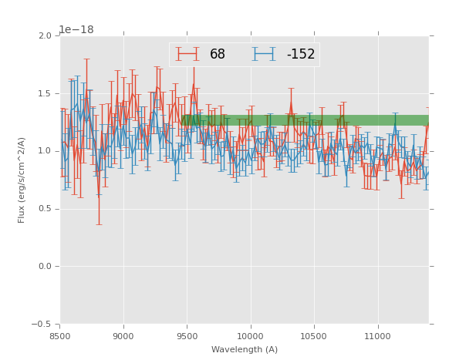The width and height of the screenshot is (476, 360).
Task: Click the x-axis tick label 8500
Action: coord(59,336)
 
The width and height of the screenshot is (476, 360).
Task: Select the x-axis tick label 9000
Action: coord(123,336)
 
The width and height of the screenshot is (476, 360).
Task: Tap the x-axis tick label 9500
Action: coord(187,336)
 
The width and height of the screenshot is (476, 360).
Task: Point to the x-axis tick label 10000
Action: coord(251,336)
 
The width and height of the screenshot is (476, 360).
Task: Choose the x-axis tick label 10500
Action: coord(314,336)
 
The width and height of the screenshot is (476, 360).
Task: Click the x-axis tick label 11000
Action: coord(378,336)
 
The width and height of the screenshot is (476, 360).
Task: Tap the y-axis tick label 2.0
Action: coord(46,36)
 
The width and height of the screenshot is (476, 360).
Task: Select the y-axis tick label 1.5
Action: coord(46,94)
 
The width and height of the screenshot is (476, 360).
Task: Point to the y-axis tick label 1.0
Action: coord(46,151)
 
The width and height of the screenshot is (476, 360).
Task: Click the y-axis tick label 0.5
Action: coord(46,209)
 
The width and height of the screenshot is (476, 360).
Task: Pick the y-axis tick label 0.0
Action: coord(46,267)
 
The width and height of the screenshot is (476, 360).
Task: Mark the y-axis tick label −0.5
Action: coord(42,325)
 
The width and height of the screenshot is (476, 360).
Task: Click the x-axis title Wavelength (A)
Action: coord(245,350)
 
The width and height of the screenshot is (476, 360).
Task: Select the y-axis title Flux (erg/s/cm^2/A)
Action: coord(22,180)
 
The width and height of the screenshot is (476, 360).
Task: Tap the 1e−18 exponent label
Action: coord(76,30)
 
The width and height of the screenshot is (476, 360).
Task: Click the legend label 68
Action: coord(218,55)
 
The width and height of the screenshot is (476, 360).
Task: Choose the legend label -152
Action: coord(300,55)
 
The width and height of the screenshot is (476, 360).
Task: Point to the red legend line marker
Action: coord(187,54)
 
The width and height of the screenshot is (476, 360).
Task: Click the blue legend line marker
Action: coord(265,54)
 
